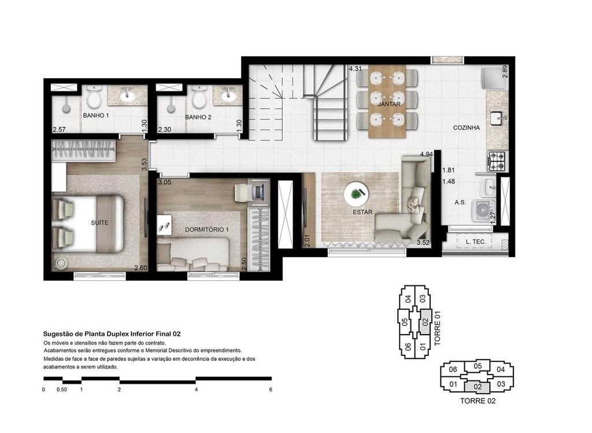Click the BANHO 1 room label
(x=96, y=116)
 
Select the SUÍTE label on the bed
(x=100, y=222)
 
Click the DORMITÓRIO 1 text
(x=207, y=230)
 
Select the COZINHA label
(x=466, y=128)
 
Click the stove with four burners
(x=498, y=159)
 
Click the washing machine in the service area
(x=481, y=210)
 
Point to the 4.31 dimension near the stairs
(x=355, y=69)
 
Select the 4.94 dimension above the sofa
(x=427, y=154)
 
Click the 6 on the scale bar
(x=271, y=390)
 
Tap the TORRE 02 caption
(x=477, y=401)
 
